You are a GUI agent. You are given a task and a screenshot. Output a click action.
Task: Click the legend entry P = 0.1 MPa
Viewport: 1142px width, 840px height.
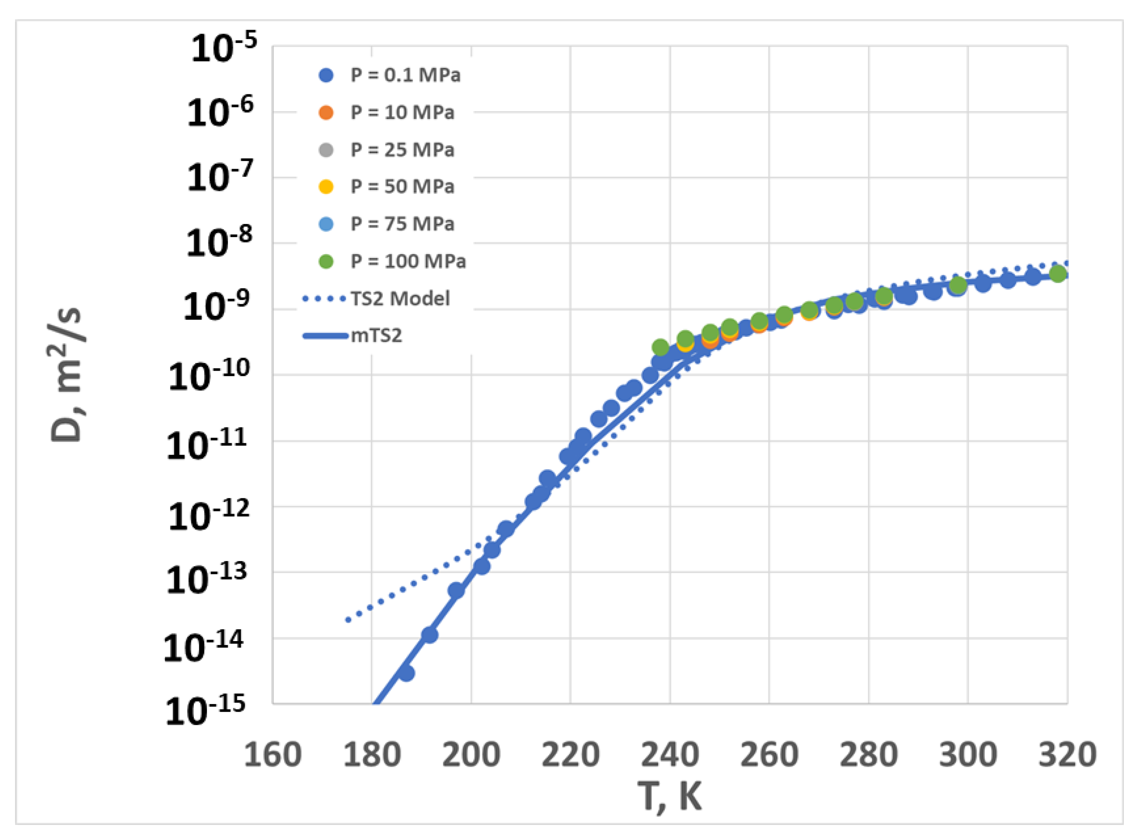[x=405, y=75]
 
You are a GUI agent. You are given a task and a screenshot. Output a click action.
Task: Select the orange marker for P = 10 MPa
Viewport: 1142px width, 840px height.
[x=326, y=112]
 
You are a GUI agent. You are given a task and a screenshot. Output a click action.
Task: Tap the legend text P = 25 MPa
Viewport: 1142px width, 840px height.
[x=402, y=149]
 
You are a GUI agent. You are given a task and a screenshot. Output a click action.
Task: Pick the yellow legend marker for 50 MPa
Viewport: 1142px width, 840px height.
[x=326, y=187]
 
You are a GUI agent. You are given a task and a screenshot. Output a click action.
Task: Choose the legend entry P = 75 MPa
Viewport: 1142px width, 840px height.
[x=402, y=224]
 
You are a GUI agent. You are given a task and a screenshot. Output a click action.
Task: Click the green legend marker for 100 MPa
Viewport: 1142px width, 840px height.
[x=326, y=261]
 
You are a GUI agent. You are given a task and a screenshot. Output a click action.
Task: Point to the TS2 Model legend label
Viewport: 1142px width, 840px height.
[x=400, y=299]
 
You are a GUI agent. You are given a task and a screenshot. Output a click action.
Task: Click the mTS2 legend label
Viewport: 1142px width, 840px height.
[x=376, y=336]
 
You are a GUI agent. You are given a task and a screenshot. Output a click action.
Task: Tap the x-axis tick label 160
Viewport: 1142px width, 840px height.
[x=273, y=755]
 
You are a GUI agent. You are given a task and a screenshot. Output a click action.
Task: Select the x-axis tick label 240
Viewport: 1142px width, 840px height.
[x=670, y=755]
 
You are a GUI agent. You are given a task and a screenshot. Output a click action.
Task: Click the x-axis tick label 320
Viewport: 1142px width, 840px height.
[x=1067, y=755]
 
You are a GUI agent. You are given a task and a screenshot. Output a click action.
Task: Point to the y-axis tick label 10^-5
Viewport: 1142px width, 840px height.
[x=224, y=48]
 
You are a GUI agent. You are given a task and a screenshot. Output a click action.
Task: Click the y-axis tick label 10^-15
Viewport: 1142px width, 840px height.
[x=205, y=710]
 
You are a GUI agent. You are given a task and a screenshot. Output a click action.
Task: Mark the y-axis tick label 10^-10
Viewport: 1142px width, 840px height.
[x=209, y=376]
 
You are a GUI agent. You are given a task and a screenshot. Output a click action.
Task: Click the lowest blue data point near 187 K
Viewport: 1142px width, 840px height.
[x=406, y=673]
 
